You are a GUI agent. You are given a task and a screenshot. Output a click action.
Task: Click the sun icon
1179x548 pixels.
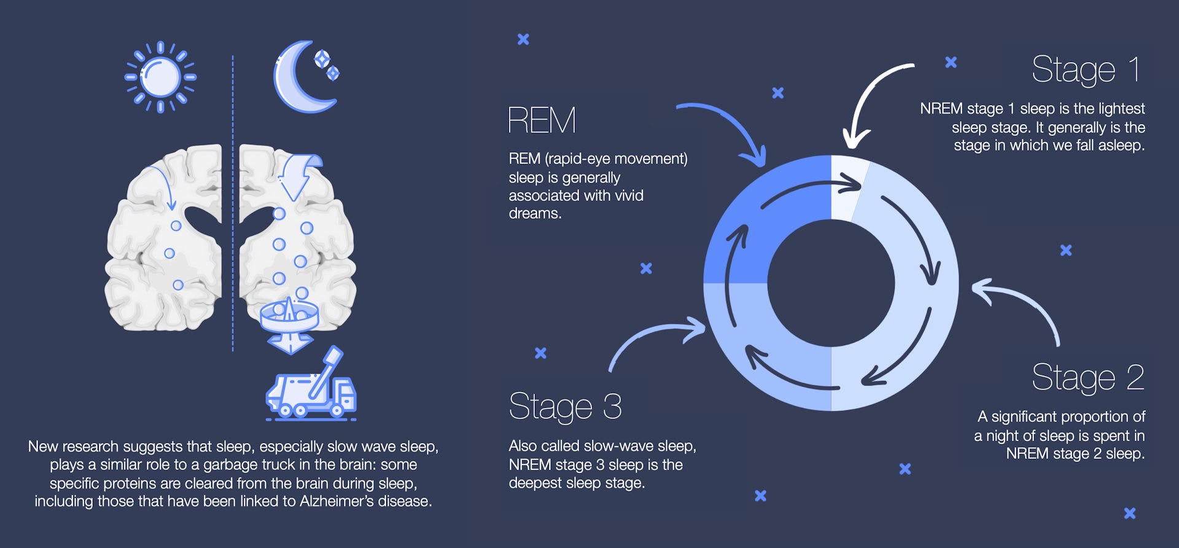[160, 77]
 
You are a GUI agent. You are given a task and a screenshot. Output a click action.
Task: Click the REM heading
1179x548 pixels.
[542, 120]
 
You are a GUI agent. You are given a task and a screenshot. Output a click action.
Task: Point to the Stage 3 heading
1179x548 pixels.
[566, 407]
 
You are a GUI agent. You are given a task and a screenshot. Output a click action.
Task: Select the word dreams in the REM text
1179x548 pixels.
[535, 214]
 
